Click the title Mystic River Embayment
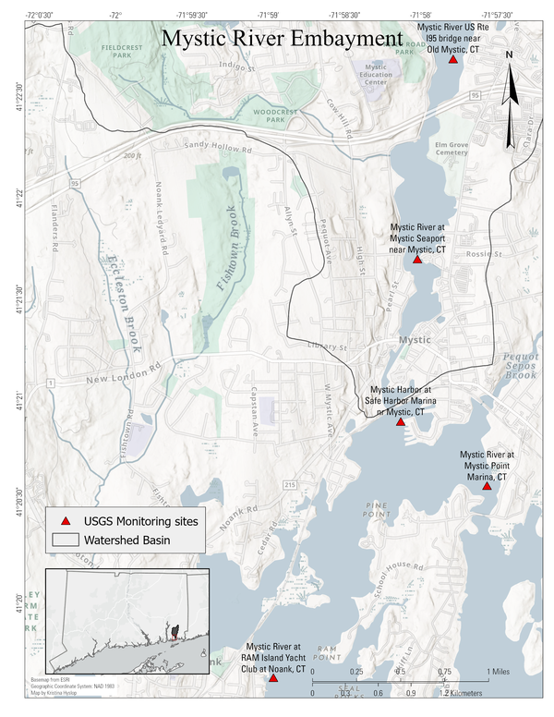(x=283, y=40)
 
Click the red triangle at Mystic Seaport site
(x=417, y=260)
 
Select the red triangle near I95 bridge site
(x=452, y=59)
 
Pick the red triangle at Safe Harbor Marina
(x=401, y=422)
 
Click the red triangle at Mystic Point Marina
(x=487, y=486)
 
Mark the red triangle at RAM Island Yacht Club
(x=272, y=678)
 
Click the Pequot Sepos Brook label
(x=520, y=365)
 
